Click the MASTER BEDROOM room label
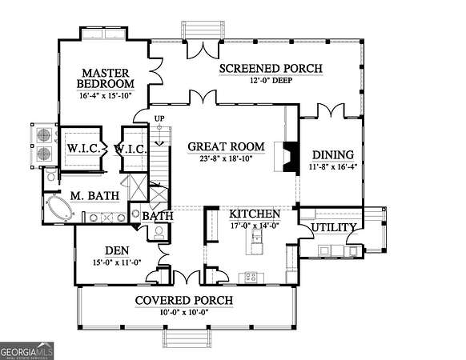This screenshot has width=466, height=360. click(106, 78)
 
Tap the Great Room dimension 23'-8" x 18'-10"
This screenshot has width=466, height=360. click(226, 158)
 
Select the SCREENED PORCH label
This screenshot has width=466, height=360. click(271, 69)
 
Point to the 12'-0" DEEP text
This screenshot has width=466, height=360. click(271, 80)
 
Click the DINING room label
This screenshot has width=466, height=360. click(333, 154)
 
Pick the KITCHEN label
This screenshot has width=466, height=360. click(255, 214)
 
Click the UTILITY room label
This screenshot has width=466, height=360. click(333, 227)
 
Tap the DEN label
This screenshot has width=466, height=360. click(117, 250)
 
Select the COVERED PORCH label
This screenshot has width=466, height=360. click(184, 300)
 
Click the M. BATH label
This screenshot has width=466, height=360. click(94, 196)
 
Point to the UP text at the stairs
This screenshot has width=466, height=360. click(159, 118)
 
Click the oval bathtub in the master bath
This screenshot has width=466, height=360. click(60, 208)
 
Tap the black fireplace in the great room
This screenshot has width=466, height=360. click(291, 157)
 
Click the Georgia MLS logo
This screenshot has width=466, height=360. click(26, 351)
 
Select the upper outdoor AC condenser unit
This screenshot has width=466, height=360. click(44, 135)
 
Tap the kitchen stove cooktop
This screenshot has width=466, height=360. click(251, 278)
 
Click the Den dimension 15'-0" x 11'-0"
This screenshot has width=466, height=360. click(117, 262)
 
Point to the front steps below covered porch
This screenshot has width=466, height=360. click(187, 338)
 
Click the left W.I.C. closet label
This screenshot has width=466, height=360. click(83, 149)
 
